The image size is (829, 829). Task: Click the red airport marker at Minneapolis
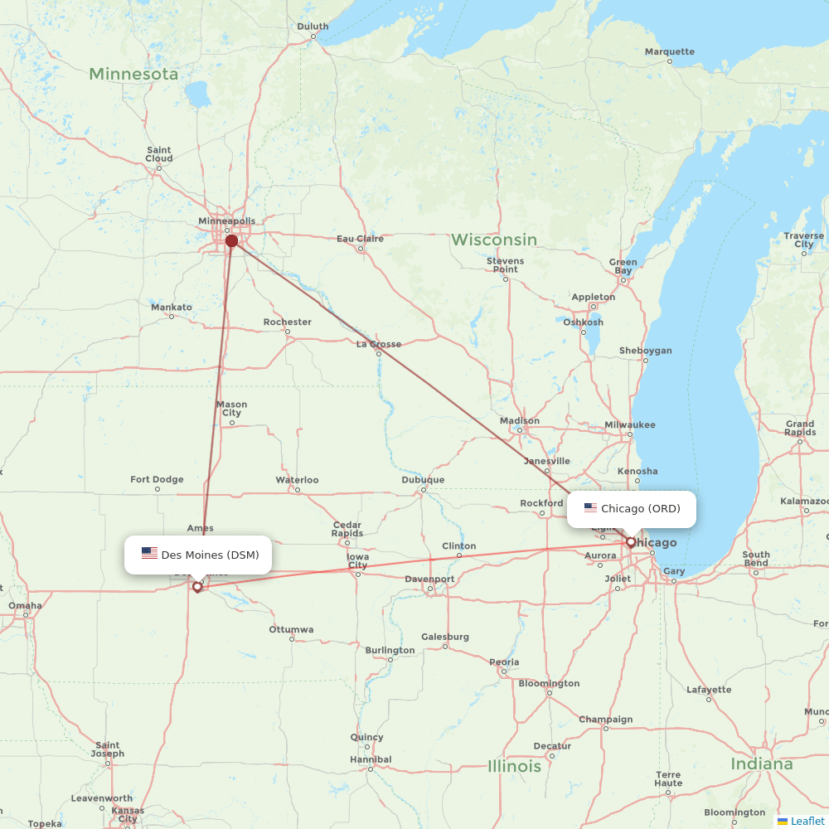tap(231, 241)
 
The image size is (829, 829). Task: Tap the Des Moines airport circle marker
tap(197, 586)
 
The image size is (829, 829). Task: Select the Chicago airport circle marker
tap(631, 542)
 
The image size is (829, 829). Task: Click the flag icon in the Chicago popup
tap(590, 508)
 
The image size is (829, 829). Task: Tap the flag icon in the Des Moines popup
tap(149, 554)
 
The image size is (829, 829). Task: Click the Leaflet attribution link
tap(807, 821)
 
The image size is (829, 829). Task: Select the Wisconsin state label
tap(494, 240)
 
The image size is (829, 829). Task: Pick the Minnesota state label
tap(133, 74)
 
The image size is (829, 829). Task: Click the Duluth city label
tap(313, 27)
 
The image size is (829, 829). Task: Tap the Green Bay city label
tap(623, 266)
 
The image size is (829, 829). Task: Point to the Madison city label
tap(520, 421)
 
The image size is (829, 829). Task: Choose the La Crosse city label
tap(378, 344)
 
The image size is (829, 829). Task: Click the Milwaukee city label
tap(629, 424)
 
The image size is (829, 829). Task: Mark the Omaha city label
tap(25, 605)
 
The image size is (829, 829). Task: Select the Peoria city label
tap(504, 662)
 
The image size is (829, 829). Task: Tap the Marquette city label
tap(670, 51)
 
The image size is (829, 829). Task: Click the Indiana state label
tap(761, 764)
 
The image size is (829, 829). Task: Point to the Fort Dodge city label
tap(157, 479)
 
